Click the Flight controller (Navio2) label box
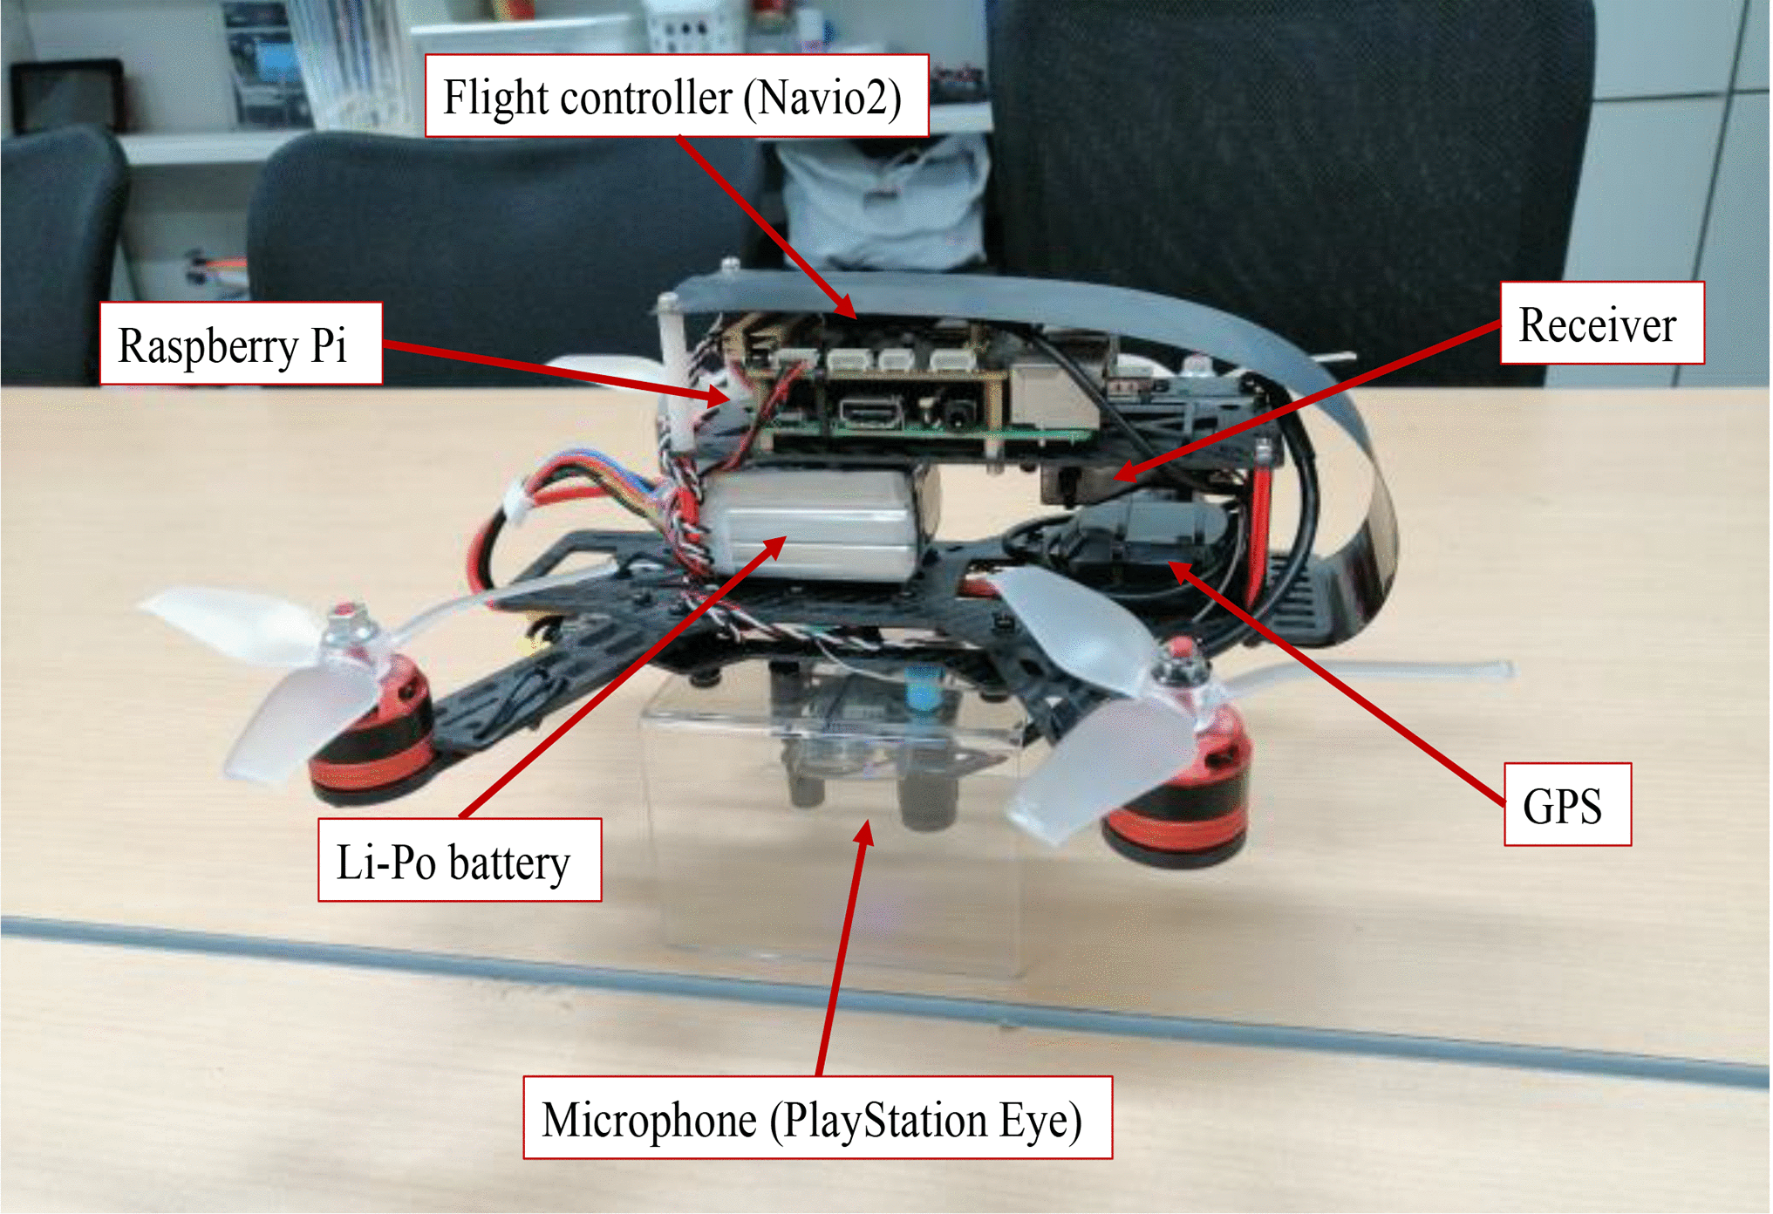tap(676, 96)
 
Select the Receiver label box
tap(1601, 324)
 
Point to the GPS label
tap(1566, 805)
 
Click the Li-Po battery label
tap(459, 860)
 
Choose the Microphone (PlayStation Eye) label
tap(816, 1118)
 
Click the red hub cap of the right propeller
tap(1179, 650)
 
